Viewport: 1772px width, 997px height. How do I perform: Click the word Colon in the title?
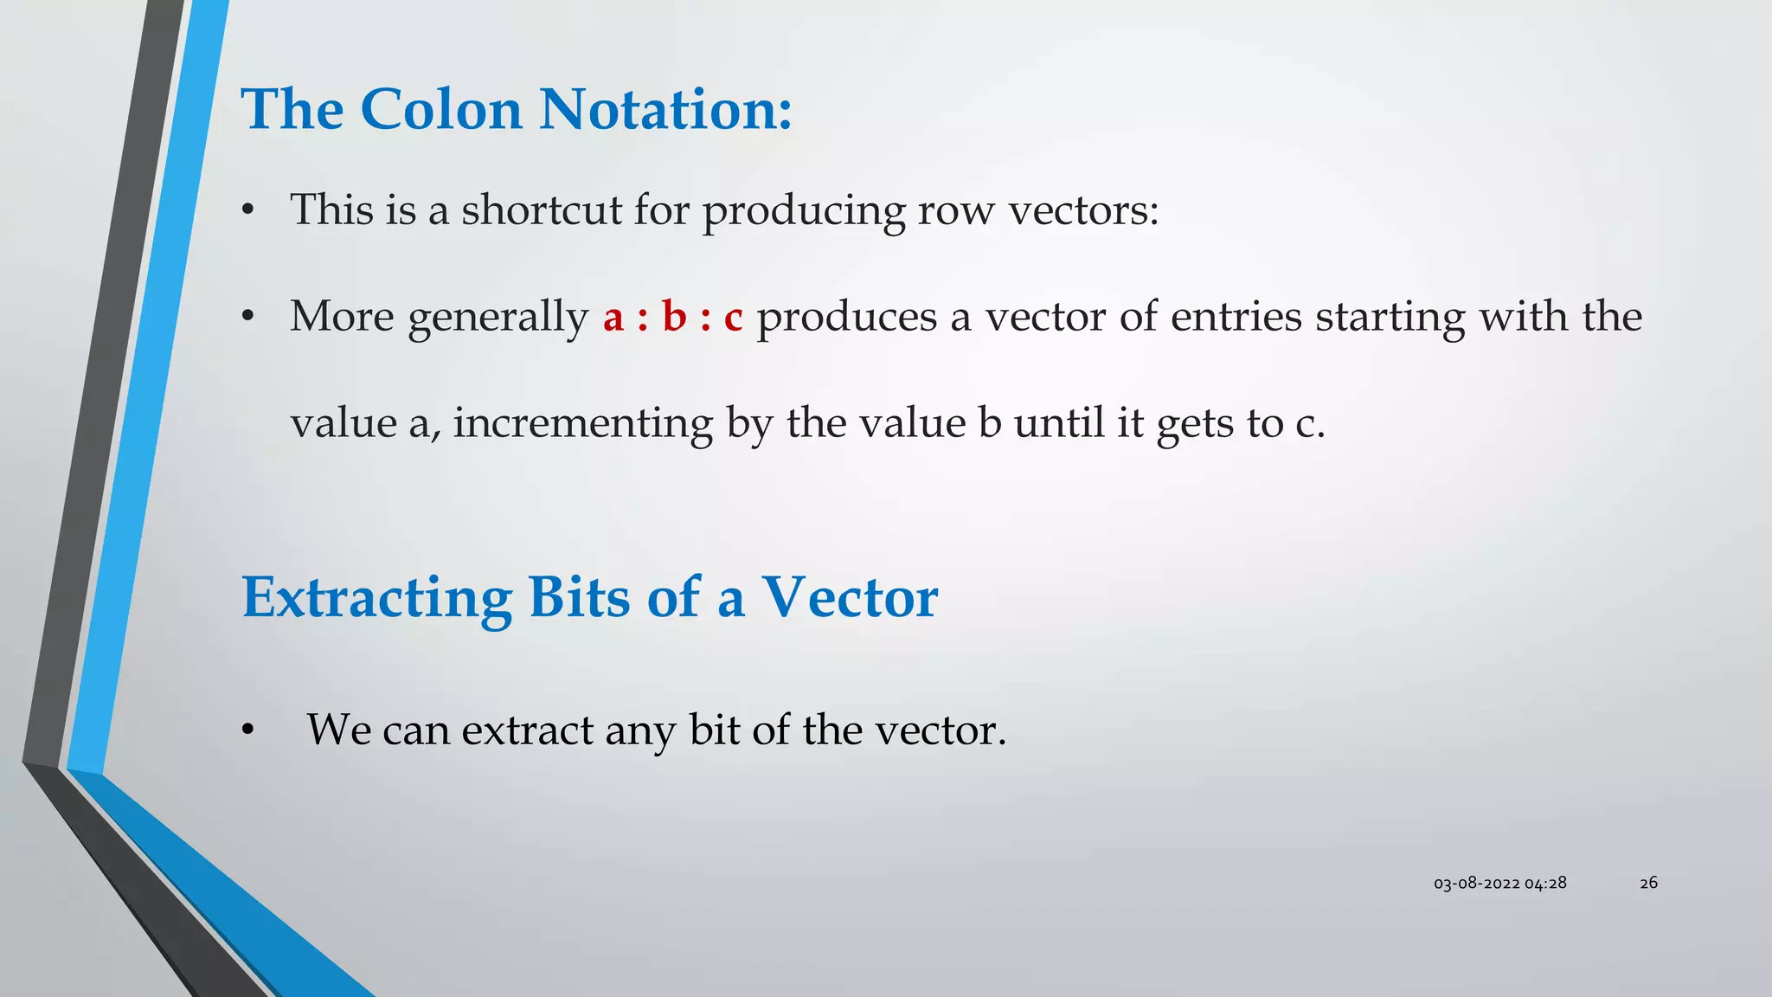[x=440, y=110]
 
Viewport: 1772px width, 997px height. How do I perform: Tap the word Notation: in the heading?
[x=665, y=110]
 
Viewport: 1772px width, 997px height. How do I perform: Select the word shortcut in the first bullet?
[x=541, y=210]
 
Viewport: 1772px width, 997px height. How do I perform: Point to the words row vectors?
[x=1037, y=210]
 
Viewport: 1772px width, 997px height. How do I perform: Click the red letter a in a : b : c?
[x=613, y=318]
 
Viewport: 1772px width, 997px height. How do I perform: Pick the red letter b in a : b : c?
[x=674, y=316]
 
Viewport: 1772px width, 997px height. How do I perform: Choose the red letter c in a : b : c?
[x=733, y=318]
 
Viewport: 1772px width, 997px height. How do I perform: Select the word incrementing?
[x=582, y=424]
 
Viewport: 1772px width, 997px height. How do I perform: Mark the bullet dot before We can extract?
[x=248, y=731]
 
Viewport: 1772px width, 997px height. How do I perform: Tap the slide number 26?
[x=1648, y=883]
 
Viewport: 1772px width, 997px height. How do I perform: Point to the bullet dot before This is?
[x=248, y=211]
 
